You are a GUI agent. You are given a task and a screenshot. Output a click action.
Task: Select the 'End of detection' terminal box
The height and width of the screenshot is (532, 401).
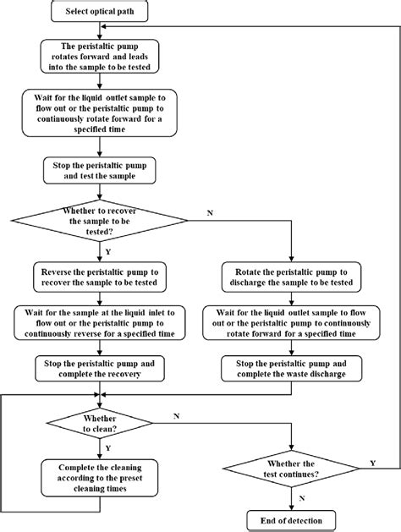tap(290, 518)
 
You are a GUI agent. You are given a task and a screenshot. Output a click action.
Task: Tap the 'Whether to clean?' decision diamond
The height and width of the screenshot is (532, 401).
tap(100, 423)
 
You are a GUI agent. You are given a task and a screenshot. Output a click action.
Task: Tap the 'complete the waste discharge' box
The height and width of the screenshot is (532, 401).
tap(290, 368)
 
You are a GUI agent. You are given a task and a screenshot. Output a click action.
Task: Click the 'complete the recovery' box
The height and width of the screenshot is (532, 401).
tap(100, 368)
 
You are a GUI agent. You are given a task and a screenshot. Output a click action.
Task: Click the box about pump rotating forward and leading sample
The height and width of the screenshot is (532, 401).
tap(100, 56)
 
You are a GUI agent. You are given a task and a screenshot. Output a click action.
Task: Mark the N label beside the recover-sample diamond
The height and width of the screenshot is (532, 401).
tap(209, 212)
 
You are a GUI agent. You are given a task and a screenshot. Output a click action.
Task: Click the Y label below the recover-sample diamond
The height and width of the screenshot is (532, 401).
tap(108, 250)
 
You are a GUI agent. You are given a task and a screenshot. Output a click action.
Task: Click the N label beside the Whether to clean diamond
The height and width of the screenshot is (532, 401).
tap(175, 416)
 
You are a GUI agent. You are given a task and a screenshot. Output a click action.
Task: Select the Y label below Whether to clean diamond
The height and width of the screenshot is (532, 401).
tap(108, 450)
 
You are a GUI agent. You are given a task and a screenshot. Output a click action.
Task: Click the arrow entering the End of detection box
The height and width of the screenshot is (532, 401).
tap(290, 503)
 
